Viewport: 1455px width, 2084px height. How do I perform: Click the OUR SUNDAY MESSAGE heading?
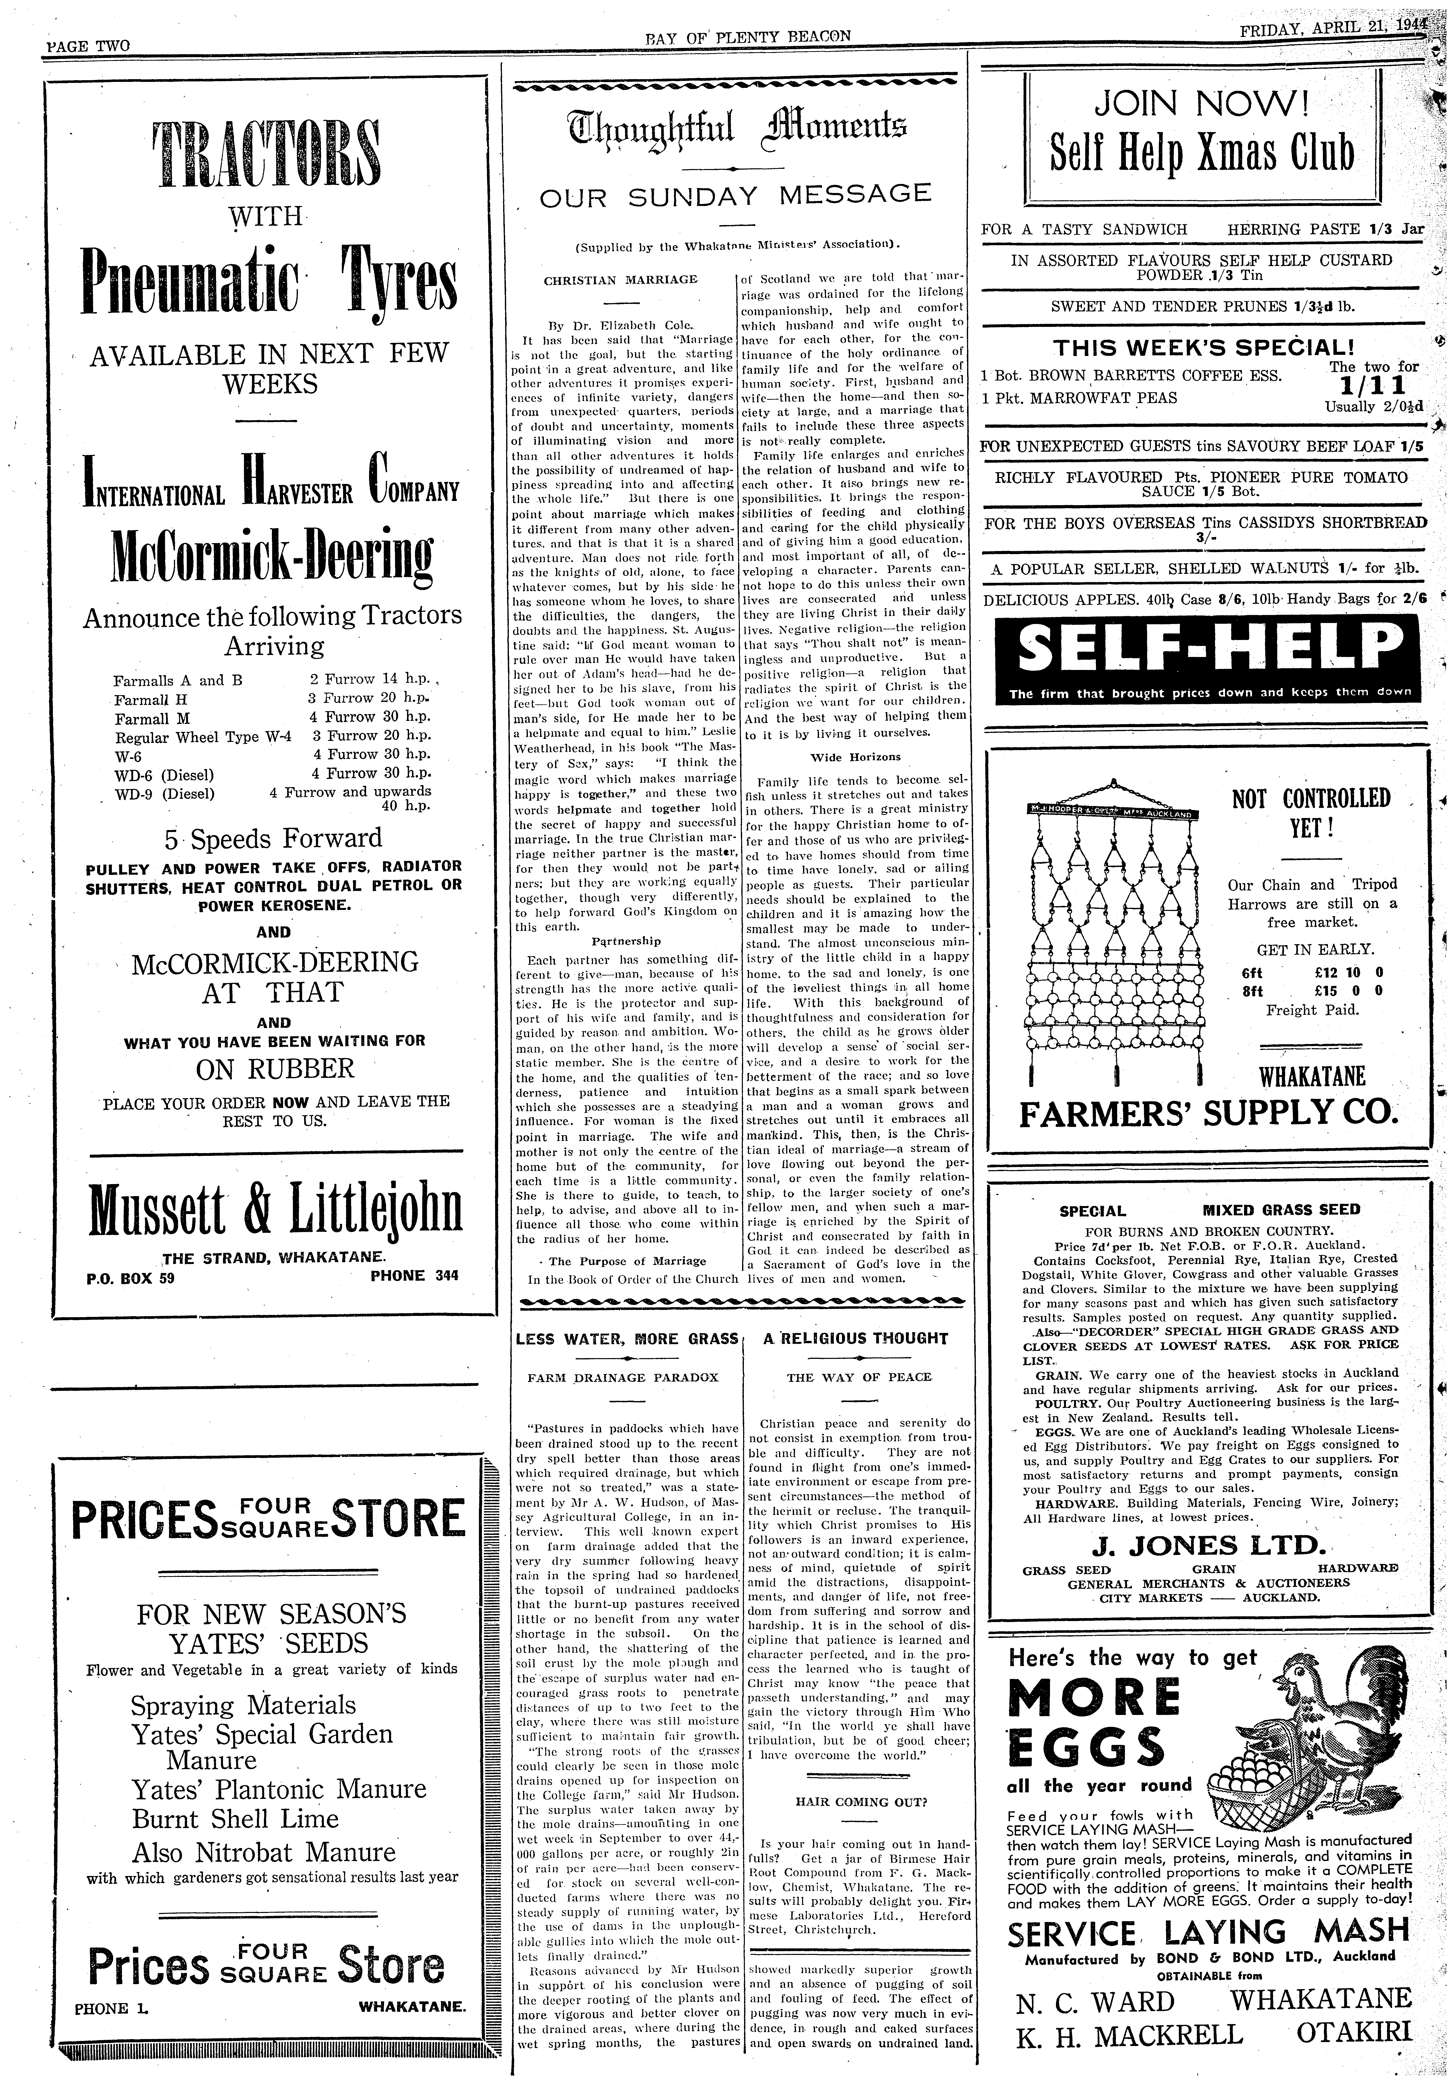point(735,194)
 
